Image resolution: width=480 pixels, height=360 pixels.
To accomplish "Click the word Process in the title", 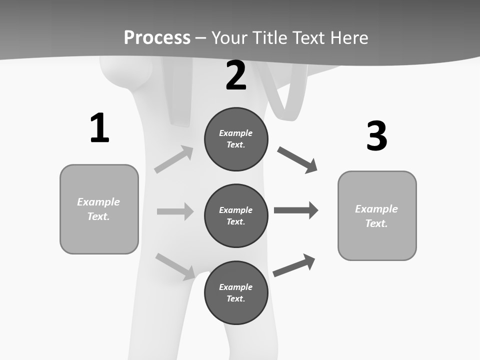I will click(x=157, y=37).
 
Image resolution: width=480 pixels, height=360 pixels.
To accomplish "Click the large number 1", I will click(x=99, y=128).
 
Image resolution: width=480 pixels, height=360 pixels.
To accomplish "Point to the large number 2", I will click(x=236, y=76).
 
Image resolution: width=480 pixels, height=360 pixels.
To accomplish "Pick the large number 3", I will click(x=377, y=136).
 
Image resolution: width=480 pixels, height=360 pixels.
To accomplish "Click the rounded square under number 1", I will click(x=99, y=209).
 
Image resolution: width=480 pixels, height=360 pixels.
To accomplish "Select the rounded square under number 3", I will click(x=377, y=216).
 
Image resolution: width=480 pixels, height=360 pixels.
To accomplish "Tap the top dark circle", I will click(x=236, y=139).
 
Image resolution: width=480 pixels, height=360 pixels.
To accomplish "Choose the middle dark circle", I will click(x=236, y=216).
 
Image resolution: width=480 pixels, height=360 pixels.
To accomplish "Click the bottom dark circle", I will click(x=236, y=293).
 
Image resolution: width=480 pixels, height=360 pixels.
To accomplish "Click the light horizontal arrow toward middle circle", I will click(x=175, y=211).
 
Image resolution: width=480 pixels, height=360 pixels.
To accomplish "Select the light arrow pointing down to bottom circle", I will click(x=175, y=266).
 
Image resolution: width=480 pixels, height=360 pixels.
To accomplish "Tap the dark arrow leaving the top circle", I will click(x=297, y=159).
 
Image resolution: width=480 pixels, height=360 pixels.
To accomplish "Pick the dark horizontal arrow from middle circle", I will click(x=296, y=210).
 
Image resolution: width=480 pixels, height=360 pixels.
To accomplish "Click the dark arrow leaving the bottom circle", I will click(x=294, y=265).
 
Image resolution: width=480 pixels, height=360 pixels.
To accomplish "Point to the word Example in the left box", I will click(x=98, y=202).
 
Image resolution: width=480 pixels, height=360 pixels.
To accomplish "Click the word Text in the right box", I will click(x=376, y=223).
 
